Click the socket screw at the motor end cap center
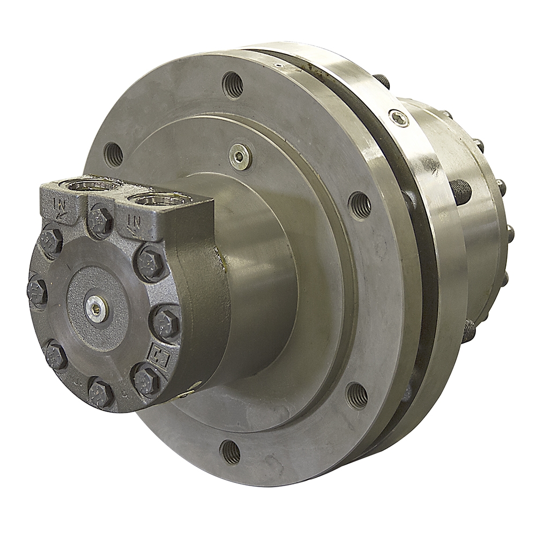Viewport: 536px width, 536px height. point(97,308)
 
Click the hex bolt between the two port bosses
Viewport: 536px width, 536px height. point(100,220)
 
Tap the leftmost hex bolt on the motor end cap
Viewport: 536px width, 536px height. point(37,292)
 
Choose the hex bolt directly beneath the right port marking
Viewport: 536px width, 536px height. point(150,263)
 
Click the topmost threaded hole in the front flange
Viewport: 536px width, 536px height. point(233,84)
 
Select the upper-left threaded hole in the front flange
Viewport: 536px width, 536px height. point(113,154)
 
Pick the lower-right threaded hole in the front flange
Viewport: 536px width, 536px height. point(357,396)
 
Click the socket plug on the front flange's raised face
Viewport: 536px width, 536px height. point(239,157)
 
